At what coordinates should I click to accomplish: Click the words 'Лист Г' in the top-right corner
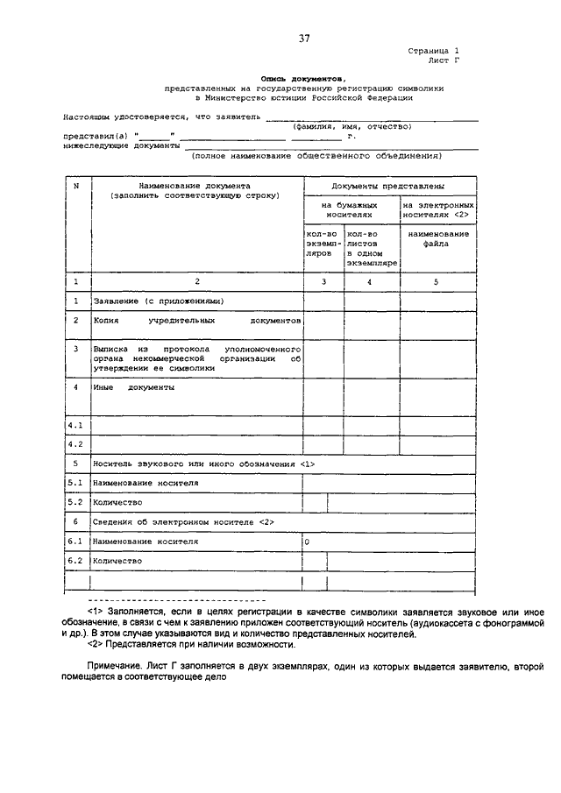pyautogui.click(x=444, y=62)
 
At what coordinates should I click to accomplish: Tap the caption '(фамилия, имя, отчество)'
pyautogui.click(x=352, y=127)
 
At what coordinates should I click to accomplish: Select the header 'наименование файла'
pyautogui.click(x=437, y=239)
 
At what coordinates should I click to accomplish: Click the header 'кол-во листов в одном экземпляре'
pyautogui.click(x=373, y=248)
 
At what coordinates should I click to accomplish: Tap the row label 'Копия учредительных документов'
pyautogui.click(x=197, y=321)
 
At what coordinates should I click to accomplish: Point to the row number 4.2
pyautogui.click(x=75, y=444)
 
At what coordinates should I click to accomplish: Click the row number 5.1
pyautogui.click(x=75, y=483)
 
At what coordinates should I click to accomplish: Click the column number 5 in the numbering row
pyautogui.click(x=437, y=281)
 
